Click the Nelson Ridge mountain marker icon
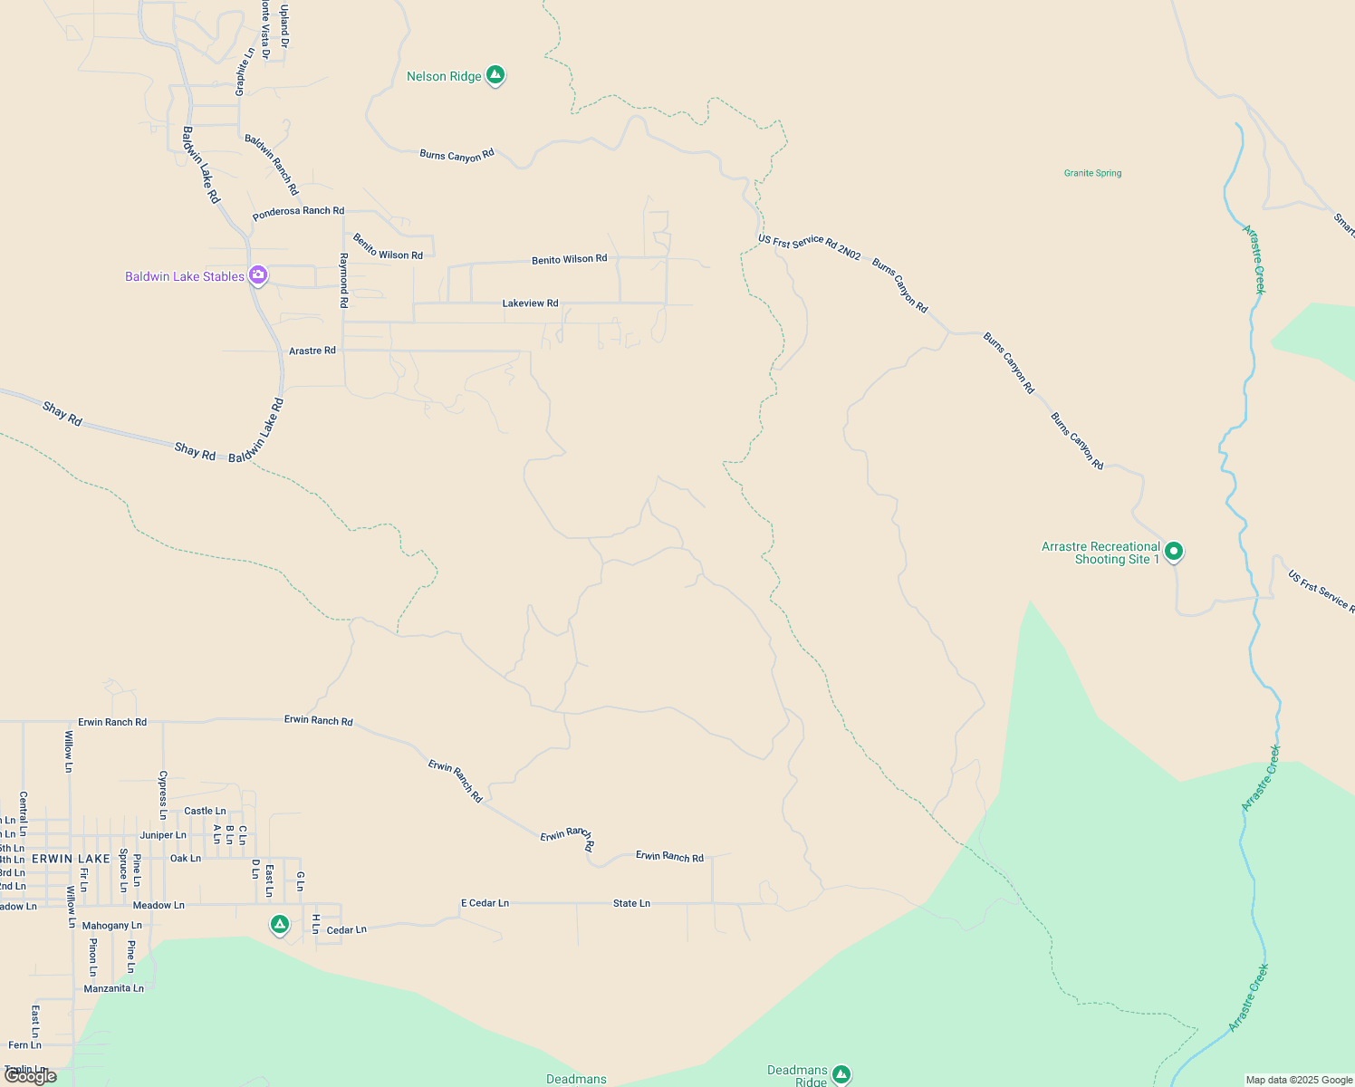click(x=495, y=74)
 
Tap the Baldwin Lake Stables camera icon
click(x=258, y=274)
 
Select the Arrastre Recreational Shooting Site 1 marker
click(x=1173, y=551)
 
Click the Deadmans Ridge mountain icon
click(x=841, y=1073)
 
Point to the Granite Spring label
click(x=1092, y=173)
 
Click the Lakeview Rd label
click(x=530, y=303)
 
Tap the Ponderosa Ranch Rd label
click(x=298, y=211)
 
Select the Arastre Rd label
click(x=312, y=351)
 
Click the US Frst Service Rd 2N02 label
click(x=809, y=246)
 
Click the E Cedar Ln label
click(x=485, y=903)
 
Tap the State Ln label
click(x=631, y=903)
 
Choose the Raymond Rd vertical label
click(x=343, y=280)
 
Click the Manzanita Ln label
click(x=113, y=988)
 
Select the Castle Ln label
click(x=205, y=811)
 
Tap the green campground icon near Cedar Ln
click(x=280, y=924)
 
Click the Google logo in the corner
click(x=31, y=1076)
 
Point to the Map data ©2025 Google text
click(x=1299, y=1080)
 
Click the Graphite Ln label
click(x=242, y=72)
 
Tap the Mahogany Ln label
click(x=111, y=926)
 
